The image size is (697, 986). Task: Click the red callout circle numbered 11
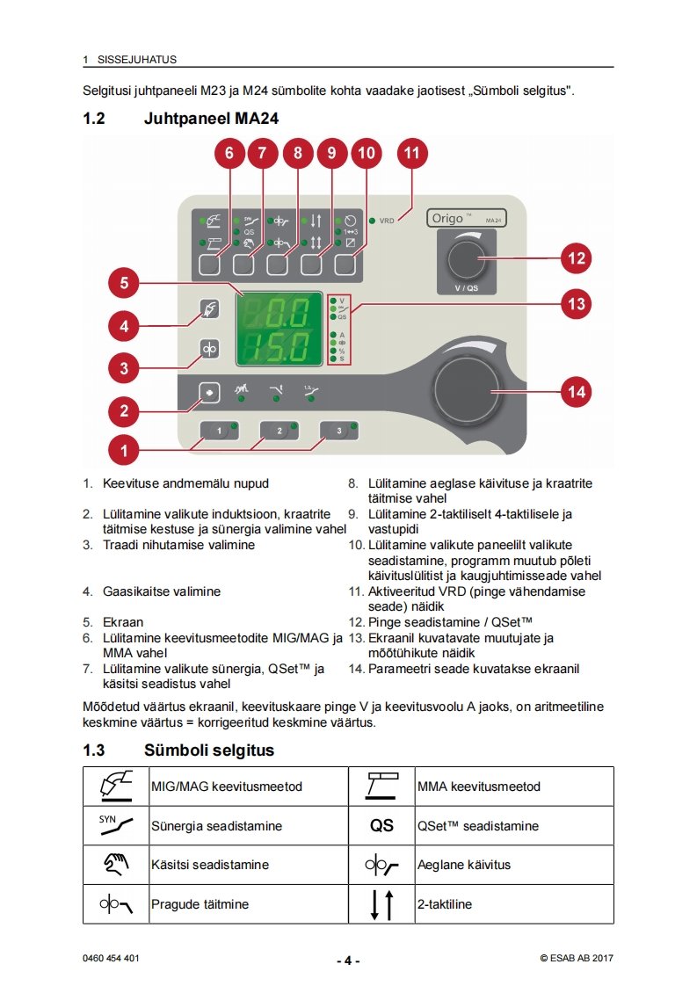coord(411,153)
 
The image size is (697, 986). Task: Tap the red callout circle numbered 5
coord(124,283)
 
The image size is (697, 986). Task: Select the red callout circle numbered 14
coord(577,392)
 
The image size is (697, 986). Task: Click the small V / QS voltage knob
coord(465,259)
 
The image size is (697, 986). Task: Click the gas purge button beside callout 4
coord(210,309)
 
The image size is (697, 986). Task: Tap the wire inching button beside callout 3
coord(210,349)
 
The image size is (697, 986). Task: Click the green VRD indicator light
coord(372,221)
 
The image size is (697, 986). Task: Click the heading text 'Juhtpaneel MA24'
coord(211,119)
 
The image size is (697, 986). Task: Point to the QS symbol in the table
coord(381,826)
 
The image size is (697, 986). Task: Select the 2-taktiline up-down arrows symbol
coord(381,904)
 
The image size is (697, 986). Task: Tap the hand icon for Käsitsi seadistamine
coord(116,865)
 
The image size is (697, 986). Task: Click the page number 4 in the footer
coord(348,961)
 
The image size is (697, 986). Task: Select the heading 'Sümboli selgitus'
coord(209,750)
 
